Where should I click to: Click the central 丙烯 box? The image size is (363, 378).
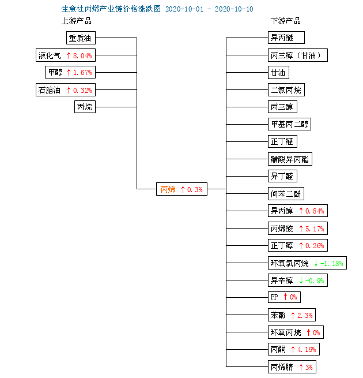[x=181, y=189]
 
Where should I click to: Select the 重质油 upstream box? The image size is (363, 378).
[x=81, y=38]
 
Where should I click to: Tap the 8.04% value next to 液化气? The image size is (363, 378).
[x=82, y=55]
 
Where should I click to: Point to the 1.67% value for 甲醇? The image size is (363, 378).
[x=82, y=72]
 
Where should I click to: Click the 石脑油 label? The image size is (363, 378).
[x=50, y=90]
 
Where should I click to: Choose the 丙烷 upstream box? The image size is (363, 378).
[x=85, y=107]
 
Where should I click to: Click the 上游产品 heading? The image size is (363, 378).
[x=77, y=21]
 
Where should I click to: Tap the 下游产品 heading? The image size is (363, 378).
[x=286, y=21]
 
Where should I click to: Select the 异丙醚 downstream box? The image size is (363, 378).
[x=286, y=38]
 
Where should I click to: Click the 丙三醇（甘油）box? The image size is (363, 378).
[x=298, y=55]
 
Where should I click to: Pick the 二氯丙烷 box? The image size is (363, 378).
[x=286, y=90]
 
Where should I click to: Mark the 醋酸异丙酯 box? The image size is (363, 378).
[x=290, y=159]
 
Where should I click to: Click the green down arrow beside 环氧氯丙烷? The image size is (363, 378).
[x=316, y=263]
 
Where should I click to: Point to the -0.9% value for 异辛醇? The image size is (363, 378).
[x=315, y=280]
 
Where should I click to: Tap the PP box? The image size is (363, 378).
[x=284, y=297]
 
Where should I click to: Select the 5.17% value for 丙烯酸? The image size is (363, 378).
[x=315, y=229]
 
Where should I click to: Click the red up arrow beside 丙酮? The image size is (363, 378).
[x=293, y=349]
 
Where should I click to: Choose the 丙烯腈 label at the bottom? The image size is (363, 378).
[x=282, y=367]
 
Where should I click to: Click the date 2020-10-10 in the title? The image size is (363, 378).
[x=234, y=9]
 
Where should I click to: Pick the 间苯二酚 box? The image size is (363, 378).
[x=286, y=193]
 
